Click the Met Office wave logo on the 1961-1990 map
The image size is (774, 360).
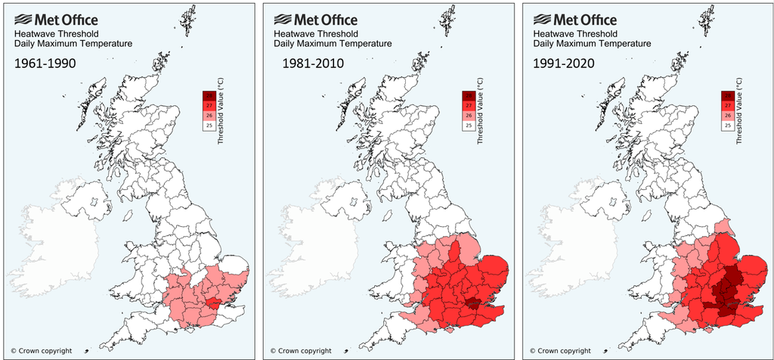click(x=23, y=18)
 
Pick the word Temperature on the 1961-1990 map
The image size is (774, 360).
click(x=105, y=44)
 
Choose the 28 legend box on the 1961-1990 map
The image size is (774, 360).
click(x=209, y=95)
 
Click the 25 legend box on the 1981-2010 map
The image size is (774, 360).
click(x=469, y=126)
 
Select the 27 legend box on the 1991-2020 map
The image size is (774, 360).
click(x=728, y=105)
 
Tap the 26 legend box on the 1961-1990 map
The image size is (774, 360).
click(x=209, y=116)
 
